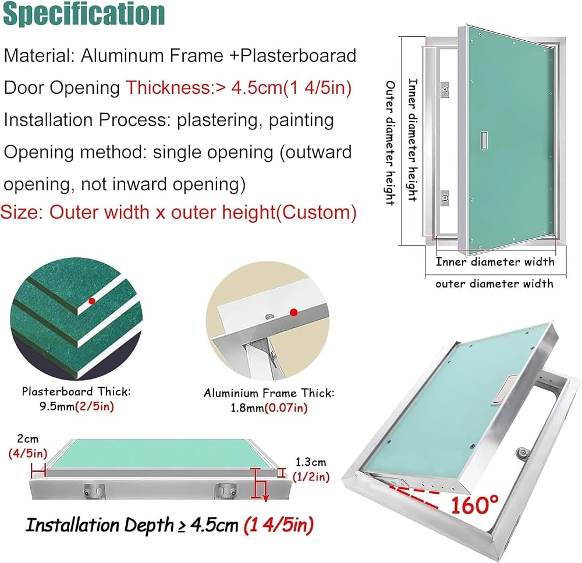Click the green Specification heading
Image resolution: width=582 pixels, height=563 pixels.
pyautogui.click(x=84, y=13)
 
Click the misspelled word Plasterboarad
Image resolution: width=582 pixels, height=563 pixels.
pyautogui.click(x=298, y=55)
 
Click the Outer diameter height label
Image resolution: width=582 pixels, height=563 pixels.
pyautogui.click(x=390, y=143)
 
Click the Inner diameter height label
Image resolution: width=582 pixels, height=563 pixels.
pyautogui.click(x=413, y=140)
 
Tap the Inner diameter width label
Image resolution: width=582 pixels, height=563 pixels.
pyautogui.click(x=495, y=262)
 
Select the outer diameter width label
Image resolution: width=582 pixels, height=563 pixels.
pyautogui.click(x=494, y=284)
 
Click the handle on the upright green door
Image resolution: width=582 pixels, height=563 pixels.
pyautogui.click(x=484, y=141)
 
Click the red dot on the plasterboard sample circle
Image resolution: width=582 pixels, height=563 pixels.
pyautogui.click(x=92, y=301)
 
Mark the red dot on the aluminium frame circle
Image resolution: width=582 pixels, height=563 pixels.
pyautogui.click(x=294, y=312)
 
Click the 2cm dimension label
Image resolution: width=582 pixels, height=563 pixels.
pyautogui.click(x=28, y=439)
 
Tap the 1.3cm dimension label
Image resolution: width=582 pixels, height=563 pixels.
pyautogui.click(x=311, y=462)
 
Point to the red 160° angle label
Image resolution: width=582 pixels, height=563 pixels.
pyautogui.click(x=475, y=505)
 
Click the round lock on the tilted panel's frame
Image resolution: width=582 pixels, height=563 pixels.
pyautogui.click(x=523, y=454)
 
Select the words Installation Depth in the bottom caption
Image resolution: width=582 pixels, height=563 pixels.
pyautogui.click(x=100, y=525)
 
